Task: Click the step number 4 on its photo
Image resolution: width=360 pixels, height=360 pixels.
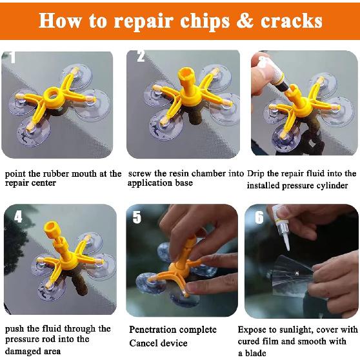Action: (18, 217)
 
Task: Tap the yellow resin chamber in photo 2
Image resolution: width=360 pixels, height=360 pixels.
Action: (175, 90)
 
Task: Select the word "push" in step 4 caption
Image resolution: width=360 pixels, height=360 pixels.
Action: (15, 329)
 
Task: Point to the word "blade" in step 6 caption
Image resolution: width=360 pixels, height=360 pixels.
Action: (263, 352)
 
